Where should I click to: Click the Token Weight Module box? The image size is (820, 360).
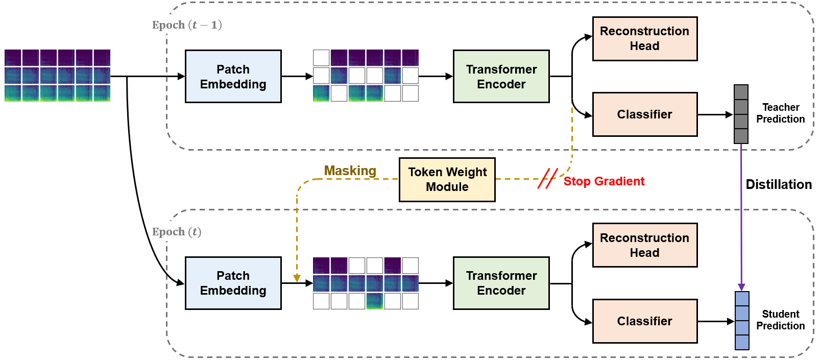[447, 180]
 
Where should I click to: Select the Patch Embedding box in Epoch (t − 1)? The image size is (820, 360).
[233, 77]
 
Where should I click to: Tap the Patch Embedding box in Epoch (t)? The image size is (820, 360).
[233, 283]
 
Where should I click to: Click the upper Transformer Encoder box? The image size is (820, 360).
[501, 77]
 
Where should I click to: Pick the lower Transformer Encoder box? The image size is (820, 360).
[501, 283]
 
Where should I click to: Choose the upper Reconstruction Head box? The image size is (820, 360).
[644, 39]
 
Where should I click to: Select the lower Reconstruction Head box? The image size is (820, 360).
[644, 245]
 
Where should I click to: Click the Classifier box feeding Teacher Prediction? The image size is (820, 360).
[644, 114]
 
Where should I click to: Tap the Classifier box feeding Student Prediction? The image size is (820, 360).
[644, 321]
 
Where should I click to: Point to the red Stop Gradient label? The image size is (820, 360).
[604, 181]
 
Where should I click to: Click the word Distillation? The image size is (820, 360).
[778, 184]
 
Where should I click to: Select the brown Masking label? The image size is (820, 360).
[350, 171]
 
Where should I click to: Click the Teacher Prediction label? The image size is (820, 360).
[780, 113]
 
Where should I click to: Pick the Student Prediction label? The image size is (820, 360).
[780, 320]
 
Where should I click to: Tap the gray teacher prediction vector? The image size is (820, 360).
[741, 114]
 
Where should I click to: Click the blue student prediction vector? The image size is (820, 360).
[742, 321]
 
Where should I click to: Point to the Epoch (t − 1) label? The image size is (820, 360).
[187, 25]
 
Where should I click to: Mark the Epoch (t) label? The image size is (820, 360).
[177, 232]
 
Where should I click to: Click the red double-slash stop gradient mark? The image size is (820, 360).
[547, 179]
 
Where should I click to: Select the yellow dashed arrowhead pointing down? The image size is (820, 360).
[297, 278]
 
